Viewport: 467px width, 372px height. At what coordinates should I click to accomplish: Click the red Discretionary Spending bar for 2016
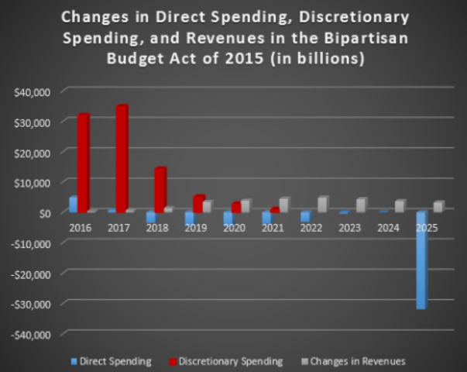coord(83,163)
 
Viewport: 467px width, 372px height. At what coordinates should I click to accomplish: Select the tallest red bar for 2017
coord(122,159)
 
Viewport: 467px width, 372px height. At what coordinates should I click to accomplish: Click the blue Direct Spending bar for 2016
coord(73,204)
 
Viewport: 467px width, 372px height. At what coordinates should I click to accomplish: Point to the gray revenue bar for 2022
coord(323,204)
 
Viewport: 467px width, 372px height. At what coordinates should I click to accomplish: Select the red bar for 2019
coord(198,204)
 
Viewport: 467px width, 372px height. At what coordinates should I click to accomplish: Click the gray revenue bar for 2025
coord(439,206)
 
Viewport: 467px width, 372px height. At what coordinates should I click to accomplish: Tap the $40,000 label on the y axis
coord(32,92)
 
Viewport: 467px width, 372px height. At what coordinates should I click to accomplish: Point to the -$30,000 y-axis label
coord(30,304)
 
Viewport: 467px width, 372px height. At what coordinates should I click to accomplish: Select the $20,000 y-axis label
coord(32,153)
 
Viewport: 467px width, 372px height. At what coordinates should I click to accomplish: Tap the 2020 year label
coord(235,229)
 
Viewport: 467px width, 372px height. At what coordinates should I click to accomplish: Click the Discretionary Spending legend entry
coord(233,361)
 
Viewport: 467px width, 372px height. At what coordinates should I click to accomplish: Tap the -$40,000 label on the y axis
coord(30,334)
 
